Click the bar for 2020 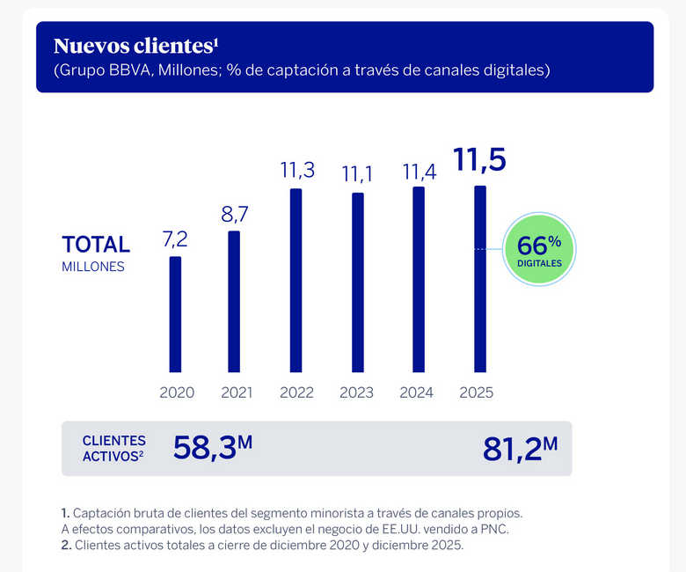[175, 314]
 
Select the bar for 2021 [234, 301]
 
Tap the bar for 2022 [296, 280]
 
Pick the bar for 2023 [357, 282]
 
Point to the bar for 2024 [419, 279]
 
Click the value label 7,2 [175, 238]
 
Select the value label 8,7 [234, 213]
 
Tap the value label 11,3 [296, 170]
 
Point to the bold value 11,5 [479, 161]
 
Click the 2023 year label [357, 392]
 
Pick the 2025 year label [477, 392]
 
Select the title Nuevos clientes [135, 46]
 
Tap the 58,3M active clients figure [213, 448]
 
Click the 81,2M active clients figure [520, 448]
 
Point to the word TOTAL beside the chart [96, 245]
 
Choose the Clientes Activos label [113, 448]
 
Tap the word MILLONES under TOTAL [93, 267]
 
